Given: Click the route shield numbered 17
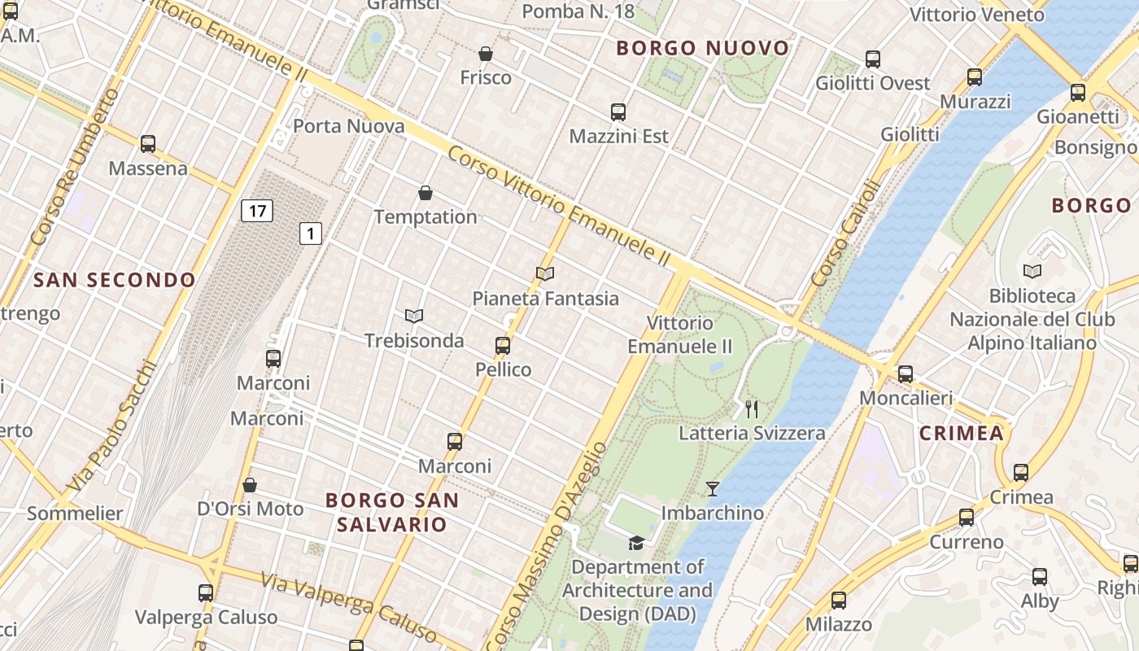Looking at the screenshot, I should point(257,212).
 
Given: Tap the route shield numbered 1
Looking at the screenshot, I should point(311,234).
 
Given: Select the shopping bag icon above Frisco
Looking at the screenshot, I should point(486,54).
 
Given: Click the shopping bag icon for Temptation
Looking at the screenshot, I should point(425,193).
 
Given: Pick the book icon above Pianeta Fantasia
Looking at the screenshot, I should point(545,274).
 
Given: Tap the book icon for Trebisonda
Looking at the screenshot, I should point(414,316).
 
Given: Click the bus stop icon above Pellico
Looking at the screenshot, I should point(503,346).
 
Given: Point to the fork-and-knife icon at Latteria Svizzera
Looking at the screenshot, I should point(752,409).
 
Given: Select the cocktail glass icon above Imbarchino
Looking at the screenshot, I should point(713,489).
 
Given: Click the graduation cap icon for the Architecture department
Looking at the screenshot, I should point(636,543).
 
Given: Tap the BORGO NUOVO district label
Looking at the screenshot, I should point(703,48).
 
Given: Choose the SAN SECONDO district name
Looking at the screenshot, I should point(115,281).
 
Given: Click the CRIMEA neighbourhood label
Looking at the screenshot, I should point(962,434).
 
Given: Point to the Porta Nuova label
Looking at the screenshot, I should point(348,126).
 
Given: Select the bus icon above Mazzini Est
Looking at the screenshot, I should point(618,112).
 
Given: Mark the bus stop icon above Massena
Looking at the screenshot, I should point(148,144).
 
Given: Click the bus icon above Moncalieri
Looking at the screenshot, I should point(906,374).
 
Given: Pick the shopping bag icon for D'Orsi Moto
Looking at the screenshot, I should point(250,485).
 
